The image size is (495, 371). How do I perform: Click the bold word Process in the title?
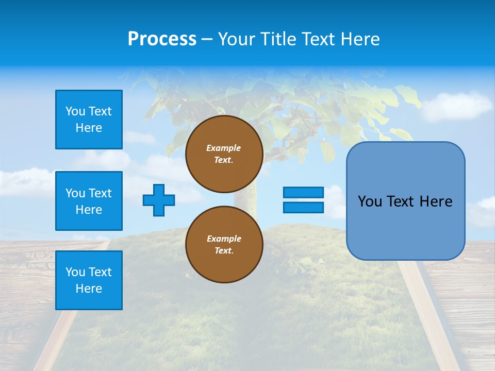162,39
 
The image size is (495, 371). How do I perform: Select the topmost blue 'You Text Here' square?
89,120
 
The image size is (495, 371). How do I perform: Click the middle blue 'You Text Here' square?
89,201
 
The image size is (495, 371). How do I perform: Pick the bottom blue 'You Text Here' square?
89,280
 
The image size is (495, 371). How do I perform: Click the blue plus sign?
159,200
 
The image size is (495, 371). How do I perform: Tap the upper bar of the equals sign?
303,192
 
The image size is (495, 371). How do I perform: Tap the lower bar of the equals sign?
303,207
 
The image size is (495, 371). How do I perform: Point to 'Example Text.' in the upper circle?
224,154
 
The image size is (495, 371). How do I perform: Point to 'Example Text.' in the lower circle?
224,244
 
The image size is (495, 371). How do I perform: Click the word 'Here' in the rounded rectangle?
436,201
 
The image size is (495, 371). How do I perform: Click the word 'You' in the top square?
74,111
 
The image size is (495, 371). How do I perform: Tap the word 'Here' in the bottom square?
89,289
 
